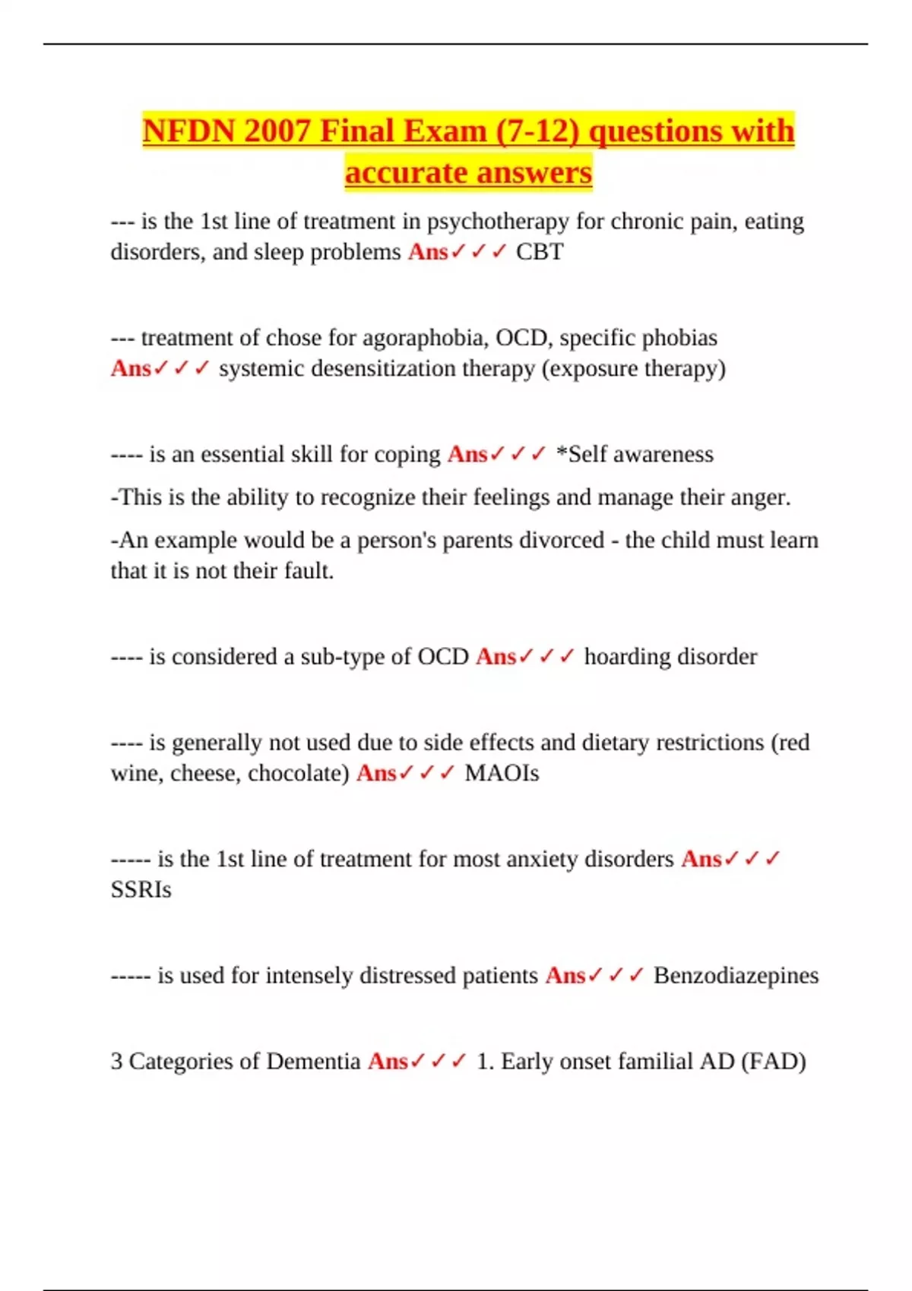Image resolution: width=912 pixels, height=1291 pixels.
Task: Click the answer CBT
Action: [540, 252]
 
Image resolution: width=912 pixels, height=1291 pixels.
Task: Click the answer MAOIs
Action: [502, 773]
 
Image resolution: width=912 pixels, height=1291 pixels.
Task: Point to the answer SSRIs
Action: [141, 889]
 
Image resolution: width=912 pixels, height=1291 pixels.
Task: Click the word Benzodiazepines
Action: [736, 976]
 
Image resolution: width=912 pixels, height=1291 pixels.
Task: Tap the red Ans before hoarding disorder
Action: [496, 657]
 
